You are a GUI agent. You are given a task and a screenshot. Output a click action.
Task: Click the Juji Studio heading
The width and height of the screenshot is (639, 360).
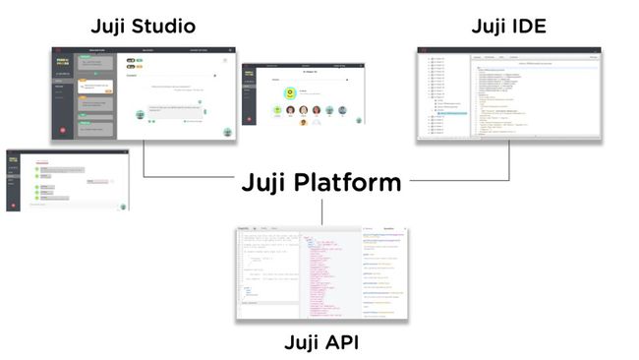tap(144, 26)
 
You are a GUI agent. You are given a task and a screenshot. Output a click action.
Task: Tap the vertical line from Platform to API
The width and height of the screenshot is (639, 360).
tap(321, 211)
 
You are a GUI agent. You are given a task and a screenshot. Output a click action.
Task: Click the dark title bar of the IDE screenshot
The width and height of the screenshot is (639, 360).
tap(509, 49)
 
